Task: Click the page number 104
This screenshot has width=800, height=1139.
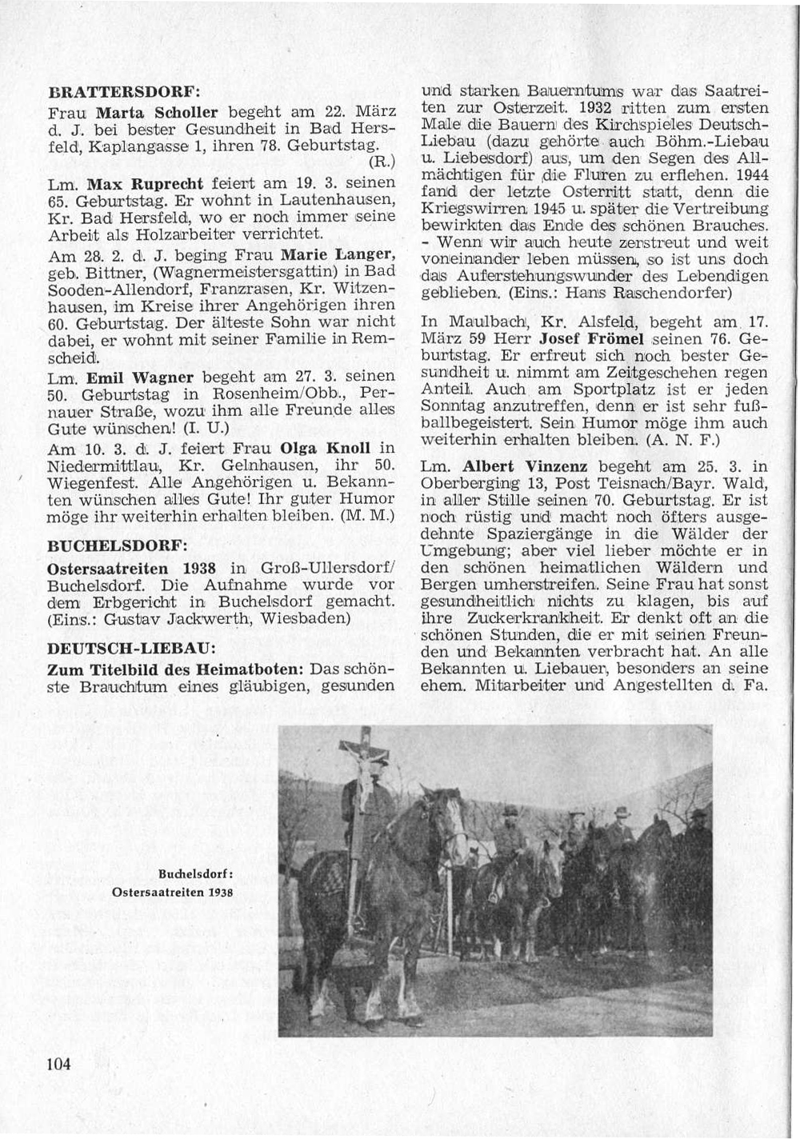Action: point(60,1064)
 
